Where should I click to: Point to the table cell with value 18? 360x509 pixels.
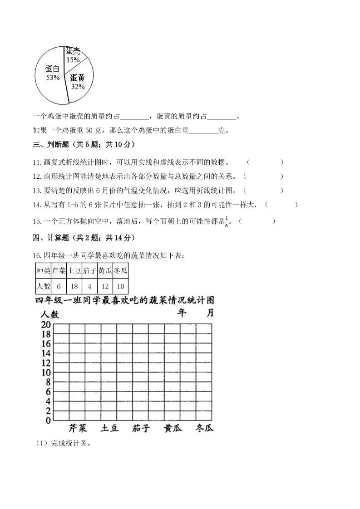(74, 287)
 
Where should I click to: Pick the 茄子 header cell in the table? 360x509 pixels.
(89, 271)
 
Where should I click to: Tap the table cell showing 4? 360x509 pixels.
(89, 287)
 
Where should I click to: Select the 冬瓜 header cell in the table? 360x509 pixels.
(121, 271)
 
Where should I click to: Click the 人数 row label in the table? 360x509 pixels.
(43, 287)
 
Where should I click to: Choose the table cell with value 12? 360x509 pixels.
(105, 287)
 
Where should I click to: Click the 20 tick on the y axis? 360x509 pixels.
(45, 325)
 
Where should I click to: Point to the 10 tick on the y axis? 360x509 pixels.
(45, 372)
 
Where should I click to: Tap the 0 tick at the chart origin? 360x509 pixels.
(48, 421)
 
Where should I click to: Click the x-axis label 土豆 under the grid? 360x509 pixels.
(109, 428)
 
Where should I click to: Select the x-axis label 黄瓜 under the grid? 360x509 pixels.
(173, 428)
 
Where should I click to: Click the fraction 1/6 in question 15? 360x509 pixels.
(227, 222)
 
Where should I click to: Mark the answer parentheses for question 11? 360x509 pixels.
(265, 162)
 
